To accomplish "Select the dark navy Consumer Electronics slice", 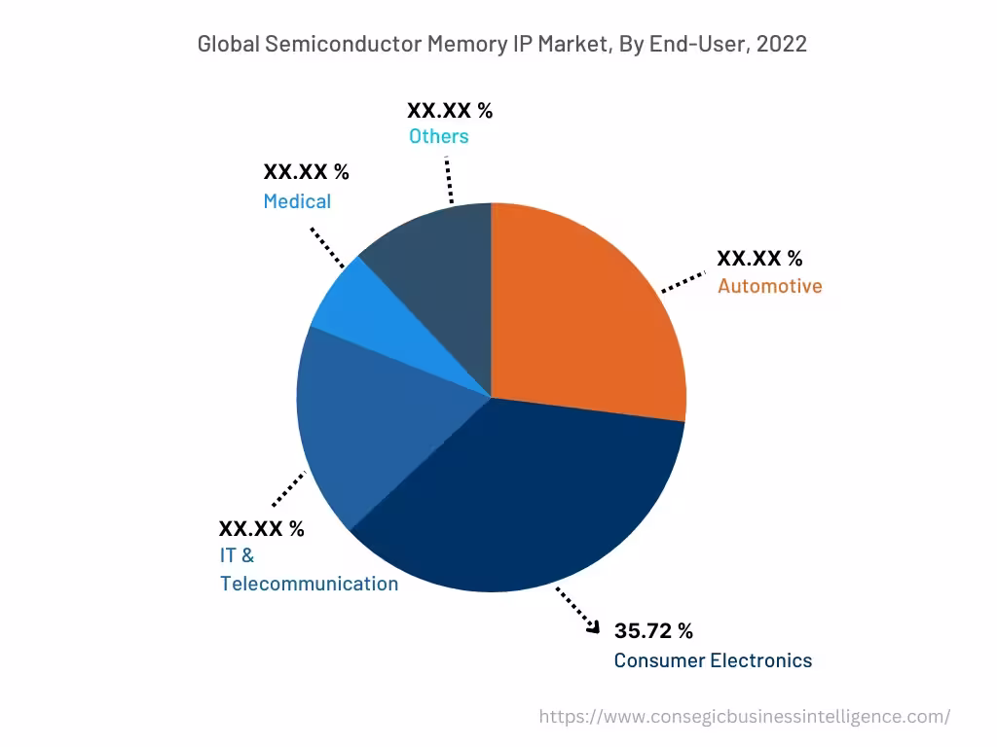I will pos(516,496).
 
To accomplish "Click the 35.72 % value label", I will pos(653,631).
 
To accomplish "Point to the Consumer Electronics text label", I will pos(713,660).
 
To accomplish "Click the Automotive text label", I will pos(769,286).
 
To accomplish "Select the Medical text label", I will pos(297,201).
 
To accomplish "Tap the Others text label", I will pos(438,136).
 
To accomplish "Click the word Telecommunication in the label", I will pos(309,584).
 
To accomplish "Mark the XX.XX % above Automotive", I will pos(759,259).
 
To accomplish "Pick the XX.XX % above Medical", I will pos(306,172).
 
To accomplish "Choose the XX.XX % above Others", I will pos(450,110).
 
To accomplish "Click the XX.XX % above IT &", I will pos(261,529).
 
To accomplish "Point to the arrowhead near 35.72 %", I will pos(593,629).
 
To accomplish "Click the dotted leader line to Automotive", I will pos(683,282).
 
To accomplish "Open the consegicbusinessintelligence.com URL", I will pos(745,717).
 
